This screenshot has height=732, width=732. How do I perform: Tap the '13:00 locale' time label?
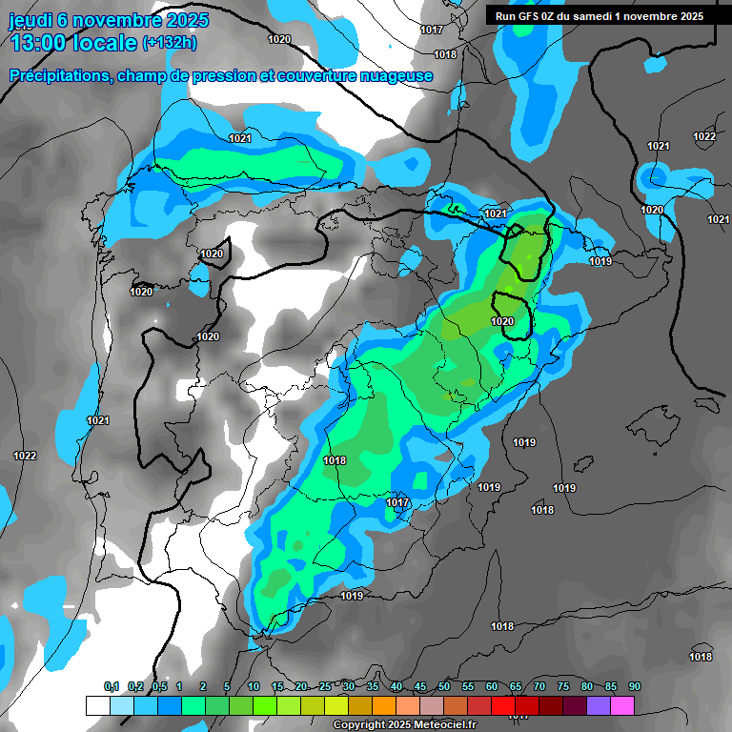point(71,43)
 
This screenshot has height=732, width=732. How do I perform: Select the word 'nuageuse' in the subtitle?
point(395,76)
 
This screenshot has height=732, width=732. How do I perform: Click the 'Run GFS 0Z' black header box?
point(600,15)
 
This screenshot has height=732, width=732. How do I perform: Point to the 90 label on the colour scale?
point(634,686)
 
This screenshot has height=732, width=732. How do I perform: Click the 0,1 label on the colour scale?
point(112,686)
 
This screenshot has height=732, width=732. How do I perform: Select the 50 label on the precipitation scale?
point(444,686)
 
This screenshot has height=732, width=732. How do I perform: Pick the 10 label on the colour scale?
point(254,686)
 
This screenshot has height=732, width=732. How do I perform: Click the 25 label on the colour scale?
point(325,686)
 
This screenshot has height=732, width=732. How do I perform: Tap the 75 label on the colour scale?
point(562,686)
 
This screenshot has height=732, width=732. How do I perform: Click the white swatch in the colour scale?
point(97,705)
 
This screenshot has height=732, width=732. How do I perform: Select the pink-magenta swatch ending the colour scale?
point(622,705)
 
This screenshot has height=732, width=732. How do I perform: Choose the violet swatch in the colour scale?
point(599,705)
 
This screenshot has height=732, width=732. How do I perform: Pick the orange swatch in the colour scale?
point(384,705)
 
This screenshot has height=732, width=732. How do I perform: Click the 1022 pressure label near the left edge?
point(25,457)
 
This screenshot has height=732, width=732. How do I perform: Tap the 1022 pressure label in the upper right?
point(704,137)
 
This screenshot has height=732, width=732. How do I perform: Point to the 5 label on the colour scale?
point(227,686)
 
